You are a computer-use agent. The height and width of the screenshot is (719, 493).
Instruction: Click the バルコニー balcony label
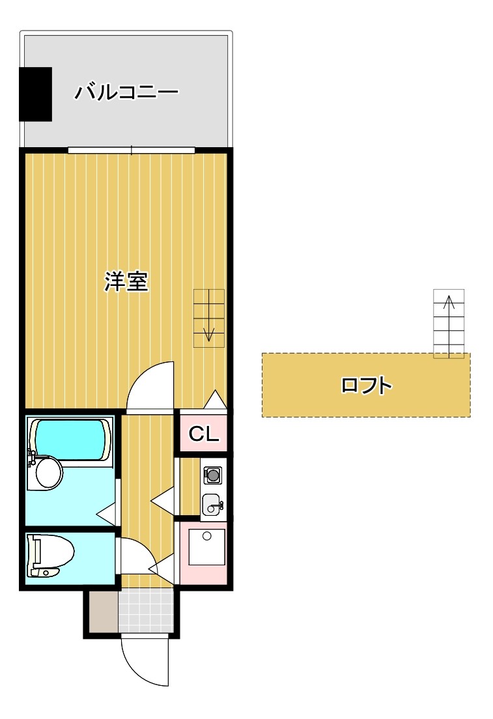click(x=126, y=92)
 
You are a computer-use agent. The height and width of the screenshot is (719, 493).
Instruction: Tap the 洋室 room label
click(x=126, y=281)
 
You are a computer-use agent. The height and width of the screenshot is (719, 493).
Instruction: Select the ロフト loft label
click(x=367, y=385)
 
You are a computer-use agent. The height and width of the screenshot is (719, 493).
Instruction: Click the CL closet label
click(x=204, y=433)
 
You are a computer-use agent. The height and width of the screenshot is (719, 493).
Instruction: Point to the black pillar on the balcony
click(x=35, y=94)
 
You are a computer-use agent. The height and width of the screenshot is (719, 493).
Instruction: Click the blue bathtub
click(x=70, y=440)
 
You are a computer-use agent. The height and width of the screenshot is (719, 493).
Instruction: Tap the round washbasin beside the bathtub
click(x=48, y=473)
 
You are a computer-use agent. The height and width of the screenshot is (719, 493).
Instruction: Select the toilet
click(x=49, y=555)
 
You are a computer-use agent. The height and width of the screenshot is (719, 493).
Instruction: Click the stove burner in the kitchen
click(x=212, y=475)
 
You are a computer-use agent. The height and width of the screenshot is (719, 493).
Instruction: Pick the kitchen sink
click(x=212, y=505)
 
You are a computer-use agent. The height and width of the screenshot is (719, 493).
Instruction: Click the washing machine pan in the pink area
click(x=207, y=547)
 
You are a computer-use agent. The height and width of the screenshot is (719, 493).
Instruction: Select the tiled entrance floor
click(x=146, y=610)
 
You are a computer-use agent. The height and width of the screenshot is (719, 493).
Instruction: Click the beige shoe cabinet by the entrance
click(x=104, y=611)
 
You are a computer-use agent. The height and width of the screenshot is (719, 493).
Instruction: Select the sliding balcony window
click(x=132, y=150)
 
